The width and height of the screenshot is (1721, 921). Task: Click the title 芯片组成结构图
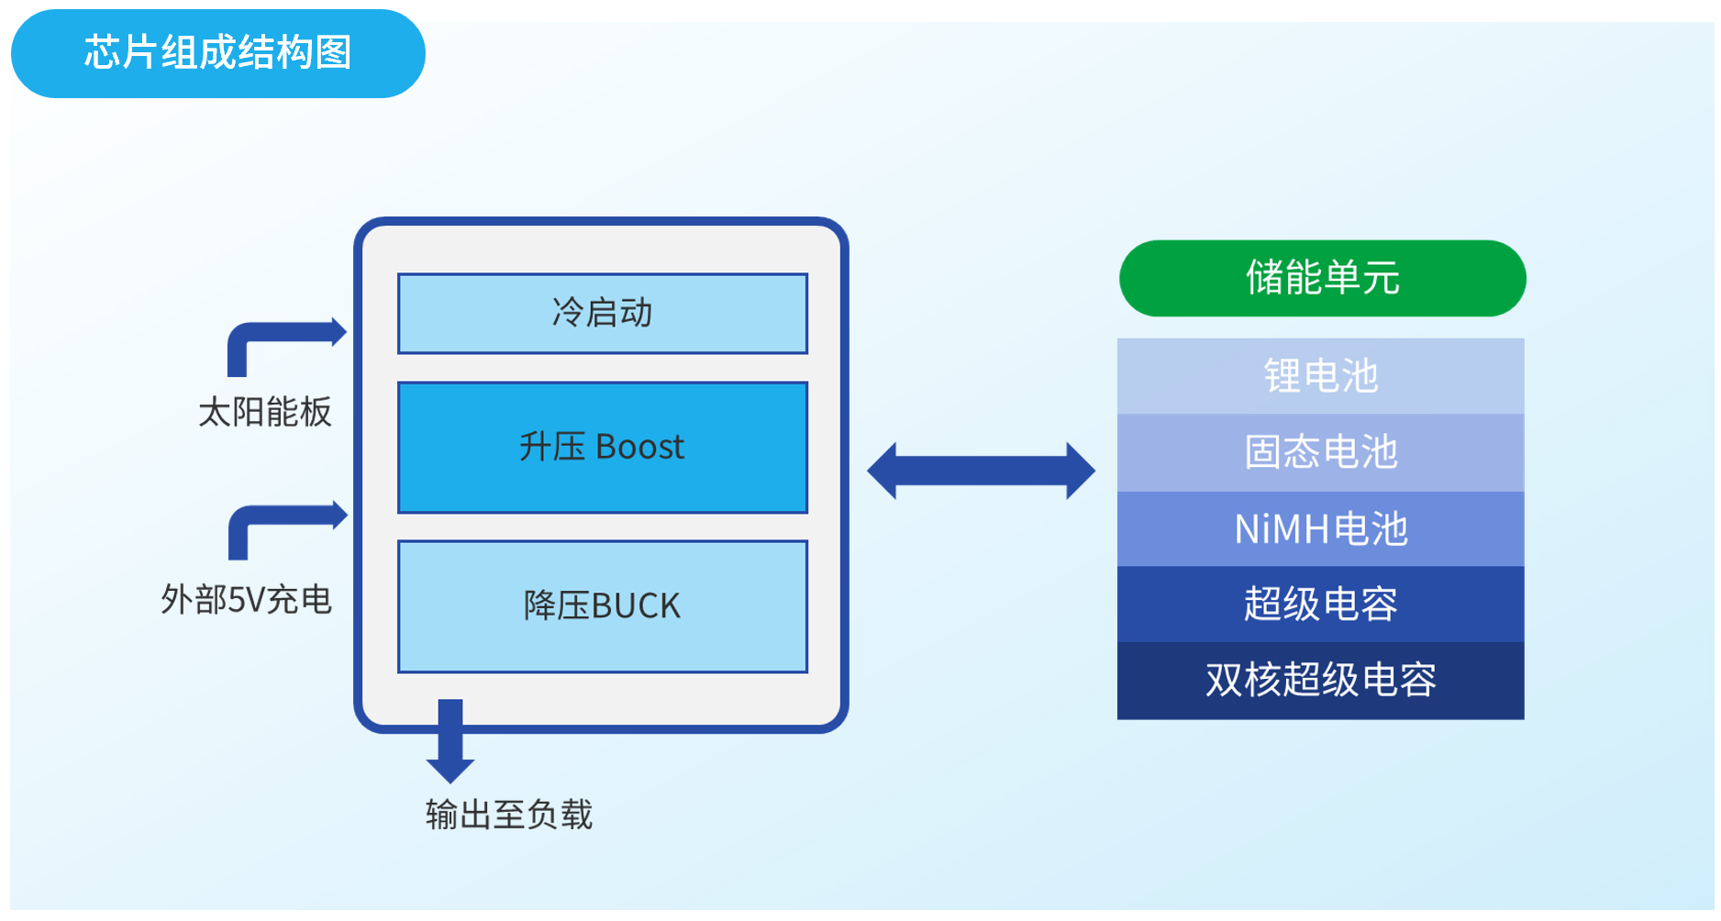click(x=217, y=53)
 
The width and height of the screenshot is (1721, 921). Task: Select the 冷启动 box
click(x=602, y=313)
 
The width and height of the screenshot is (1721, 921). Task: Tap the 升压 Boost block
click(x=602, y=447)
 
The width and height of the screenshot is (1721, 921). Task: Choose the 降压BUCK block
click(x=602, y=606)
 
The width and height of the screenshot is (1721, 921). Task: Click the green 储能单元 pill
click(x=1321, y=278)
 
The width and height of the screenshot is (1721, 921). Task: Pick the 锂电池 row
click(x=1320, y=376)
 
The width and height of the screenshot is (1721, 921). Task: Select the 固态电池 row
click(x=1320, y=452)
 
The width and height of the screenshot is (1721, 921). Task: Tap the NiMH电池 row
click(x=1320, y=529)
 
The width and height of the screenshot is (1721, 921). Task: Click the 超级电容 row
click(x=1320, y=605)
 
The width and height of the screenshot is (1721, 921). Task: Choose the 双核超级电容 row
click(x=1320, y=681)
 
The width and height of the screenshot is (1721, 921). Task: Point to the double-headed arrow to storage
click(x=981, y=471)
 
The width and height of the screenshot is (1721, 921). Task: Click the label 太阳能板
click(x=264, y=412)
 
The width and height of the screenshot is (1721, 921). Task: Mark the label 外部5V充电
click(x=246, y=600)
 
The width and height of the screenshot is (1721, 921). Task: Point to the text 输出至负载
click(x=509, y=815)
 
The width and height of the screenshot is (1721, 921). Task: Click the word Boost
click(x=639, y=448)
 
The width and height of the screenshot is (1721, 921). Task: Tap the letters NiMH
click(x=1281, y=529)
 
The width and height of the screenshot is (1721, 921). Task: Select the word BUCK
click(x=636, y=606)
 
